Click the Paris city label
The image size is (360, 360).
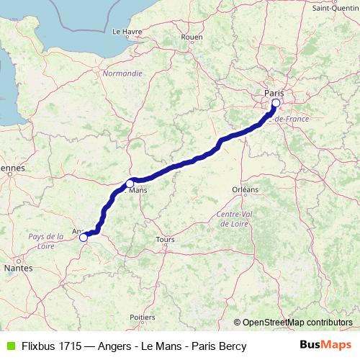pyautogui.click(x=274, y=93)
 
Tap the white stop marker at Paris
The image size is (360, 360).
pyautogui.click(x=275, y=103)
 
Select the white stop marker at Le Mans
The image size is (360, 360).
pyautogui.click(x=130, y=182)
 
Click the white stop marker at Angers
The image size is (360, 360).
pyautogui.click(x=84, y=237)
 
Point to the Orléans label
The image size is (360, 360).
pyautogui.click(x=245, y=189)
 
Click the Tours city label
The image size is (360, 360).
pyautogui.click(x=165, y=240)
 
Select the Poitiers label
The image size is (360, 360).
pyautogui.click(x=143, y=317)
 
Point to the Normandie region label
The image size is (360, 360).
pyautogui.click(x=122, y=73)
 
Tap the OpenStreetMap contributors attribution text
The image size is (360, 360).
pyautogui.click(x=297, y=323)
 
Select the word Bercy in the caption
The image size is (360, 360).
pyautogui.click(x=232, y=346)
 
